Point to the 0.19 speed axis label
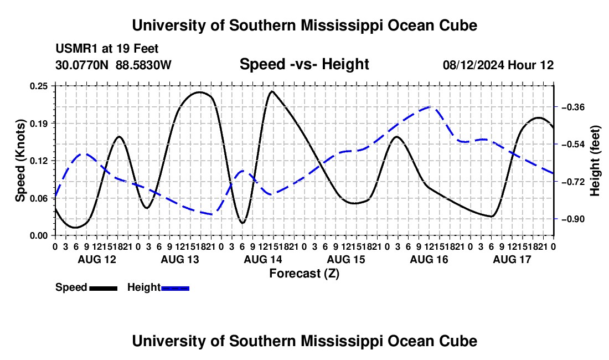tap(38, 124)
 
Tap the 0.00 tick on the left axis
tap(38, 235)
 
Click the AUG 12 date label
tap(97, 259)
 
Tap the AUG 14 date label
tap(263, 259)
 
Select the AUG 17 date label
tap(512, 259)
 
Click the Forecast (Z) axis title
tap(304, 274)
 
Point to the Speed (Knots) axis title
tap(20, 161)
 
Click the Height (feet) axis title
tap(595, 161)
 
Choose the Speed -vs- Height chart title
tap(304, 64)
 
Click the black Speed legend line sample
tap(104, 288)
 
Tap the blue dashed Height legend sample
tap(175, 288)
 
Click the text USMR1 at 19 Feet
tap(107, 49)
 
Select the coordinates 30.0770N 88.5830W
tap(113, 65)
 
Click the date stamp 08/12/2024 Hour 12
tap(498, 65)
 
